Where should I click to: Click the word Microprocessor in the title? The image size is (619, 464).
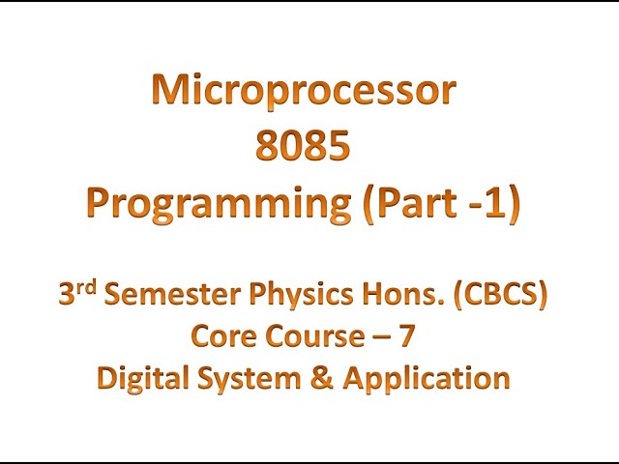click(303, 91)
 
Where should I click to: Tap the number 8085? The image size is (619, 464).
click(303, 147)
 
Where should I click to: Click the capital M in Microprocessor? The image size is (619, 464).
click(175, 91)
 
